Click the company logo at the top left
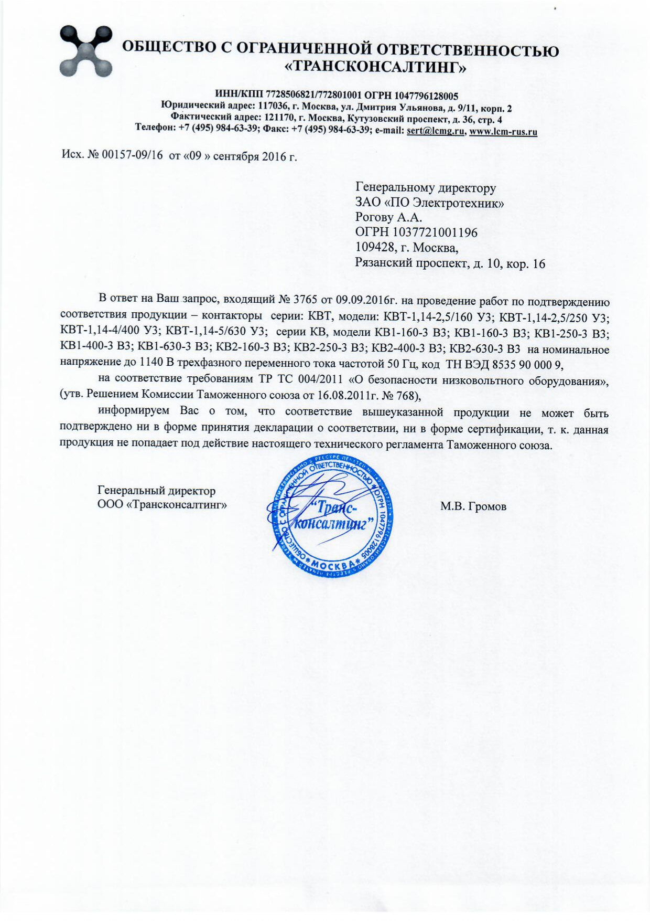pos(86,51)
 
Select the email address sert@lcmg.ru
pos(436,131)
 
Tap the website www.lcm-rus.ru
pos(503,131)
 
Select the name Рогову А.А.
pos(388,217)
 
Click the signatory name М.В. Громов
pos(473,506)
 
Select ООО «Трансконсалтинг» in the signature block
pos(162,505)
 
